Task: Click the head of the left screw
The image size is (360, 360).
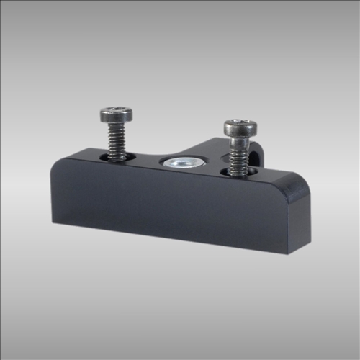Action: point(116,114)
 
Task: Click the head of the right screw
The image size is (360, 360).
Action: point(239,127)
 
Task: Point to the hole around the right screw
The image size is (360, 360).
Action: point(238,173)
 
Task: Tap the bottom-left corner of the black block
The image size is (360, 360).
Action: point(55,221)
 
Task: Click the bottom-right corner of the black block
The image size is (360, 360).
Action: point(289,253)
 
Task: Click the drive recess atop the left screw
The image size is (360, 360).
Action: point(116,111)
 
